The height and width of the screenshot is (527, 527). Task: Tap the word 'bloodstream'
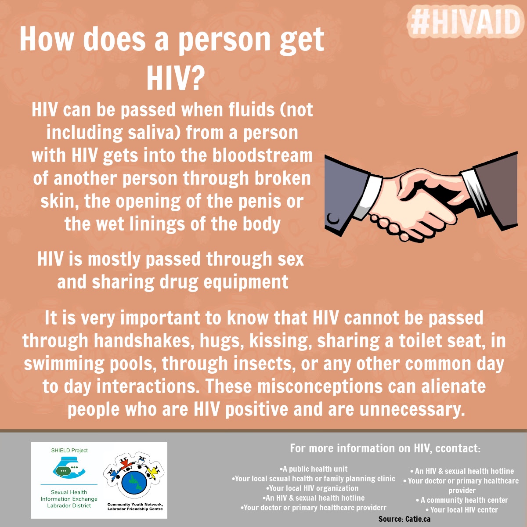coord(263,155)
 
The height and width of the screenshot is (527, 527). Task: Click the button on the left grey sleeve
coord(333,219)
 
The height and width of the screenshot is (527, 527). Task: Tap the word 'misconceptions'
coord(320,386)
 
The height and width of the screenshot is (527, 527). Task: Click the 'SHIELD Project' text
coord(69,451)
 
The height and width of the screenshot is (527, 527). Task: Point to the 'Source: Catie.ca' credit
coord(404,519)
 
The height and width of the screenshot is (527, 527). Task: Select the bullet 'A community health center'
coord(462,500)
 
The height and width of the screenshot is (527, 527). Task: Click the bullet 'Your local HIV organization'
coord(312,488)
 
